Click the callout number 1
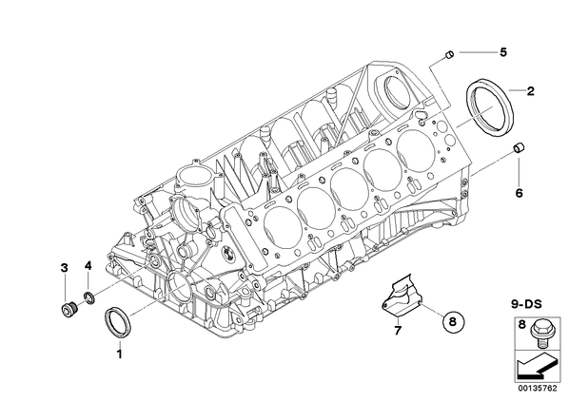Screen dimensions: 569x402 click(x=119, y=354)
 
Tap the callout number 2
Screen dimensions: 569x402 click(x=530, y=91)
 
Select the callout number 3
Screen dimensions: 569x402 click(x=65, y=268)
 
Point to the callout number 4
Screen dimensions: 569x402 click(x=88, y=266)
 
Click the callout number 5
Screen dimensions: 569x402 click(x=503, y=52)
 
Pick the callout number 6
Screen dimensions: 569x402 click(x=519, y=193)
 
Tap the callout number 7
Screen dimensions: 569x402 click(x=398, y=330)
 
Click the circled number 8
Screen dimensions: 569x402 click(x=453, y=321)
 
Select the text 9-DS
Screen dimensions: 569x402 click(x=526, y=304)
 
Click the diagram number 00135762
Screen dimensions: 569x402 click(x=537, y=389)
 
